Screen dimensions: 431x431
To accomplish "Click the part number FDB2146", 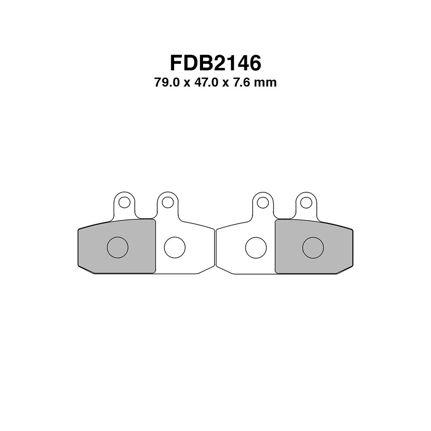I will [215, 63].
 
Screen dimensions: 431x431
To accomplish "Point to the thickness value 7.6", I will [242, 82].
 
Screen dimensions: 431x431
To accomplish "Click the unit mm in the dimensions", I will [265, 82].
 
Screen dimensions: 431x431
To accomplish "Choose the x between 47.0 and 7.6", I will [225, 83].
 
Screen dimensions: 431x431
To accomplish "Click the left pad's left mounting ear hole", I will [125, 202].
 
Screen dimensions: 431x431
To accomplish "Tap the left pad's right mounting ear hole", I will [168, 202].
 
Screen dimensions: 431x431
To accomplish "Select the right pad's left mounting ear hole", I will [263, 202].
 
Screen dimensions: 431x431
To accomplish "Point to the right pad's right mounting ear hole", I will [306, 202].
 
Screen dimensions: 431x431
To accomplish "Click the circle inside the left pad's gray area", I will [117, 247].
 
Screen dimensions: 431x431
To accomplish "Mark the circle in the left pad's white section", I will [175, 247].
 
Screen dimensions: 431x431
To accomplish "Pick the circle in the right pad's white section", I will [256, 247].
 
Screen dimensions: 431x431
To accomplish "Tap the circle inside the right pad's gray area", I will [313, 247].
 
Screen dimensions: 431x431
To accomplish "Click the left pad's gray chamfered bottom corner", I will [86, 269].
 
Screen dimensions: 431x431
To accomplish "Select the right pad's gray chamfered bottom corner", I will [344, 269].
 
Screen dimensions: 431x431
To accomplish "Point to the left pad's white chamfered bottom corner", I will [206, 269].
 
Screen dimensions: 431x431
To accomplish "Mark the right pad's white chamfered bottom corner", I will [224, 269].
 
